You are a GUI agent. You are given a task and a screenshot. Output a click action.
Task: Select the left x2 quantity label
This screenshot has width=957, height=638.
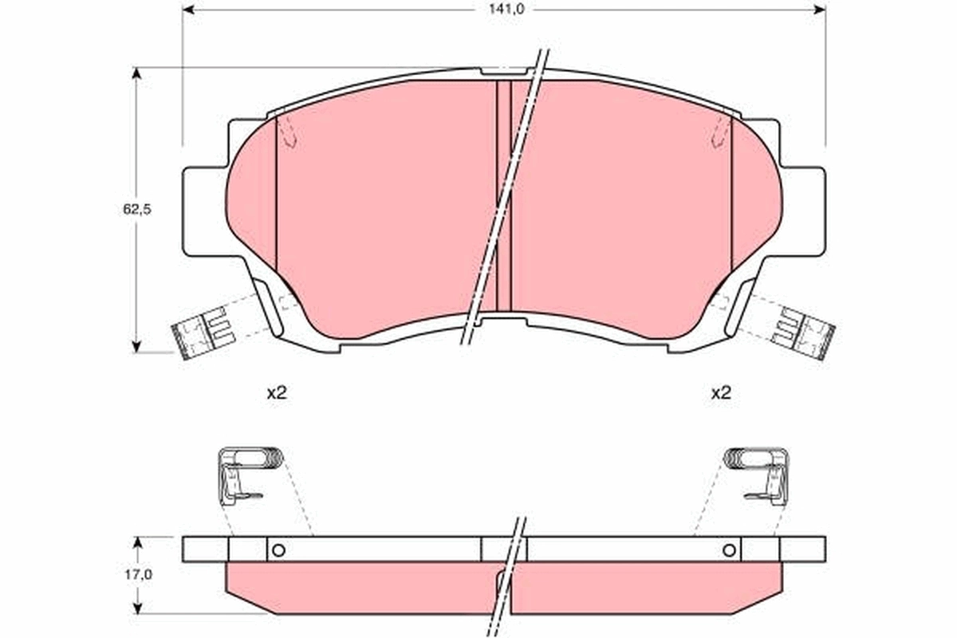click(x=276, y=392)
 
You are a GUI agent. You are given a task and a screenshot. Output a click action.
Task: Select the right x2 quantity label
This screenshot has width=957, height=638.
click(x=721, y=392)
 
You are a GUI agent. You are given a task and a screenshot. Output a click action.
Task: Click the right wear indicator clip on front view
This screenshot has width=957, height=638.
click(x=804, y=333)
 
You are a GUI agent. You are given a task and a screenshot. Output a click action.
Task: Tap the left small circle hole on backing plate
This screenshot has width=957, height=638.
click(x=278, y=549)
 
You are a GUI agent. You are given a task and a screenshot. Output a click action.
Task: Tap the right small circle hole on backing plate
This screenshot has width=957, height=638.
click(x=728, y=549)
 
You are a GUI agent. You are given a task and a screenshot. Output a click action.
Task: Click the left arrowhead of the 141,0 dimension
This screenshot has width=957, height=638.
click(x=189, y=10)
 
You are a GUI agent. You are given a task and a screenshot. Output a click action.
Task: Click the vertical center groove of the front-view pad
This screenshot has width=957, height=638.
click(x=503, y=195)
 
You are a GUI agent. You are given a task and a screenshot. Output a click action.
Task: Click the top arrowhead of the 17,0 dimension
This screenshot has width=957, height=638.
click(x=137, y=542)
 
